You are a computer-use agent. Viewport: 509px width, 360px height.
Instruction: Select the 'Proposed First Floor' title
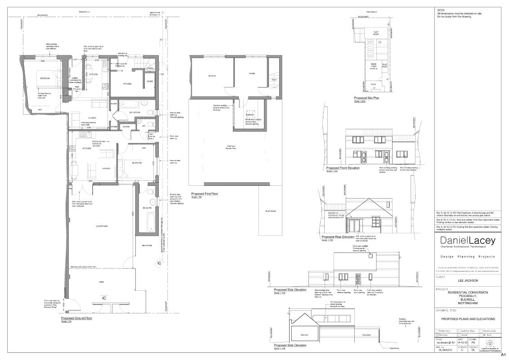pyautogui.click(x=205, y=194)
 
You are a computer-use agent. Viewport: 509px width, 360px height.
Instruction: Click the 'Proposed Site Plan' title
pyautogui.click(x=366, y=98)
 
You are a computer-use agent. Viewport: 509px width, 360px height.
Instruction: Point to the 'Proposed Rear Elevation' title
pyautogui.click(x=338, y=237)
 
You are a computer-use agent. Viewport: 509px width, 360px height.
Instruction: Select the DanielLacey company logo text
pyautogui.click(x=468, y=241)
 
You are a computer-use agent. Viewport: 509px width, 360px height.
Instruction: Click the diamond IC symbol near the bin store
pyautogui.click(x=159, y=263)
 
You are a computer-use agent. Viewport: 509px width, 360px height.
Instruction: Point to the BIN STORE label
pyautogui.click(x=147, y=246)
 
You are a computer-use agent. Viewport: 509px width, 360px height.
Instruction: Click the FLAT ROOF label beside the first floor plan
pyautogui.click(x=270, y=211)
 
